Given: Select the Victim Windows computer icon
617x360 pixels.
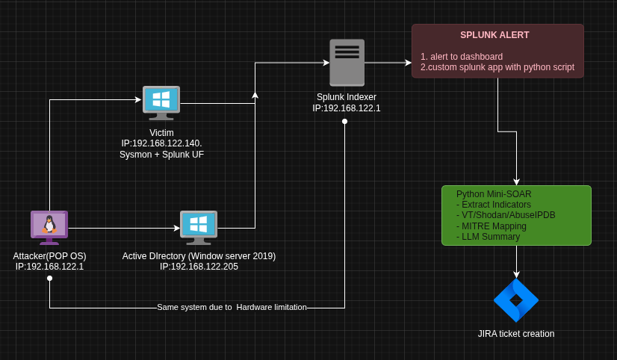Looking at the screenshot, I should (x=161, y=102).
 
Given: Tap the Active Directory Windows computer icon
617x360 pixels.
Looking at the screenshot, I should (x=199, y=226).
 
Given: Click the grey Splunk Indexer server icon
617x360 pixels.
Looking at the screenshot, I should (x=347, y=63).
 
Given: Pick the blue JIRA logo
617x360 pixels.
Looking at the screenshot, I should (x=516, y=300).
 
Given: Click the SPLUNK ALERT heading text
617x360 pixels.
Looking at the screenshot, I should (x=494, y=35).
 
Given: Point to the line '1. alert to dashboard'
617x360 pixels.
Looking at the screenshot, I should (x=462, y=57).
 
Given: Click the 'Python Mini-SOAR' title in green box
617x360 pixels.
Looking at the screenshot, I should (x=494, y=194).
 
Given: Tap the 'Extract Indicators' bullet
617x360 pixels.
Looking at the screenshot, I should (x=496, y=205).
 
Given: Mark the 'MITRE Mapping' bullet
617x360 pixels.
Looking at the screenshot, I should (x=494, y=226).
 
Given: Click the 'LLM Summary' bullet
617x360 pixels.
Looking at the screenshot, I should (x=491, y=237).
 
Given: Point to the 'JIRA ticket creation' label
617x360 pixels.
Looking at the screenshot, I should (x=516, y=334).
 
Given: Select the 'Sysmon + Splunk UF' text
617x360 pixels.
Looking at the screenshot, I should (x=161, y=155).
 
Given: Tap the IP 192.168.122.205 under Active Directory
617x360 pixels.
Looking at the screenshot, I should (x=199, y=267).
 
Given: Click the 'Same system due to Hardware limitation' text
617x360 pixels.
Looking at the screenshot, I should (x=232, y=307).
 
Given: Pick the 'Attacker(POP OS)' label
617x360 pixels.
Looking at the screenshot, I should (x=49, y=256).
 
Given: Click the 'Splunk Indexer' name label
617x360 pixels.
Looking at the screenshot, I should (x=347, y=97).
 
